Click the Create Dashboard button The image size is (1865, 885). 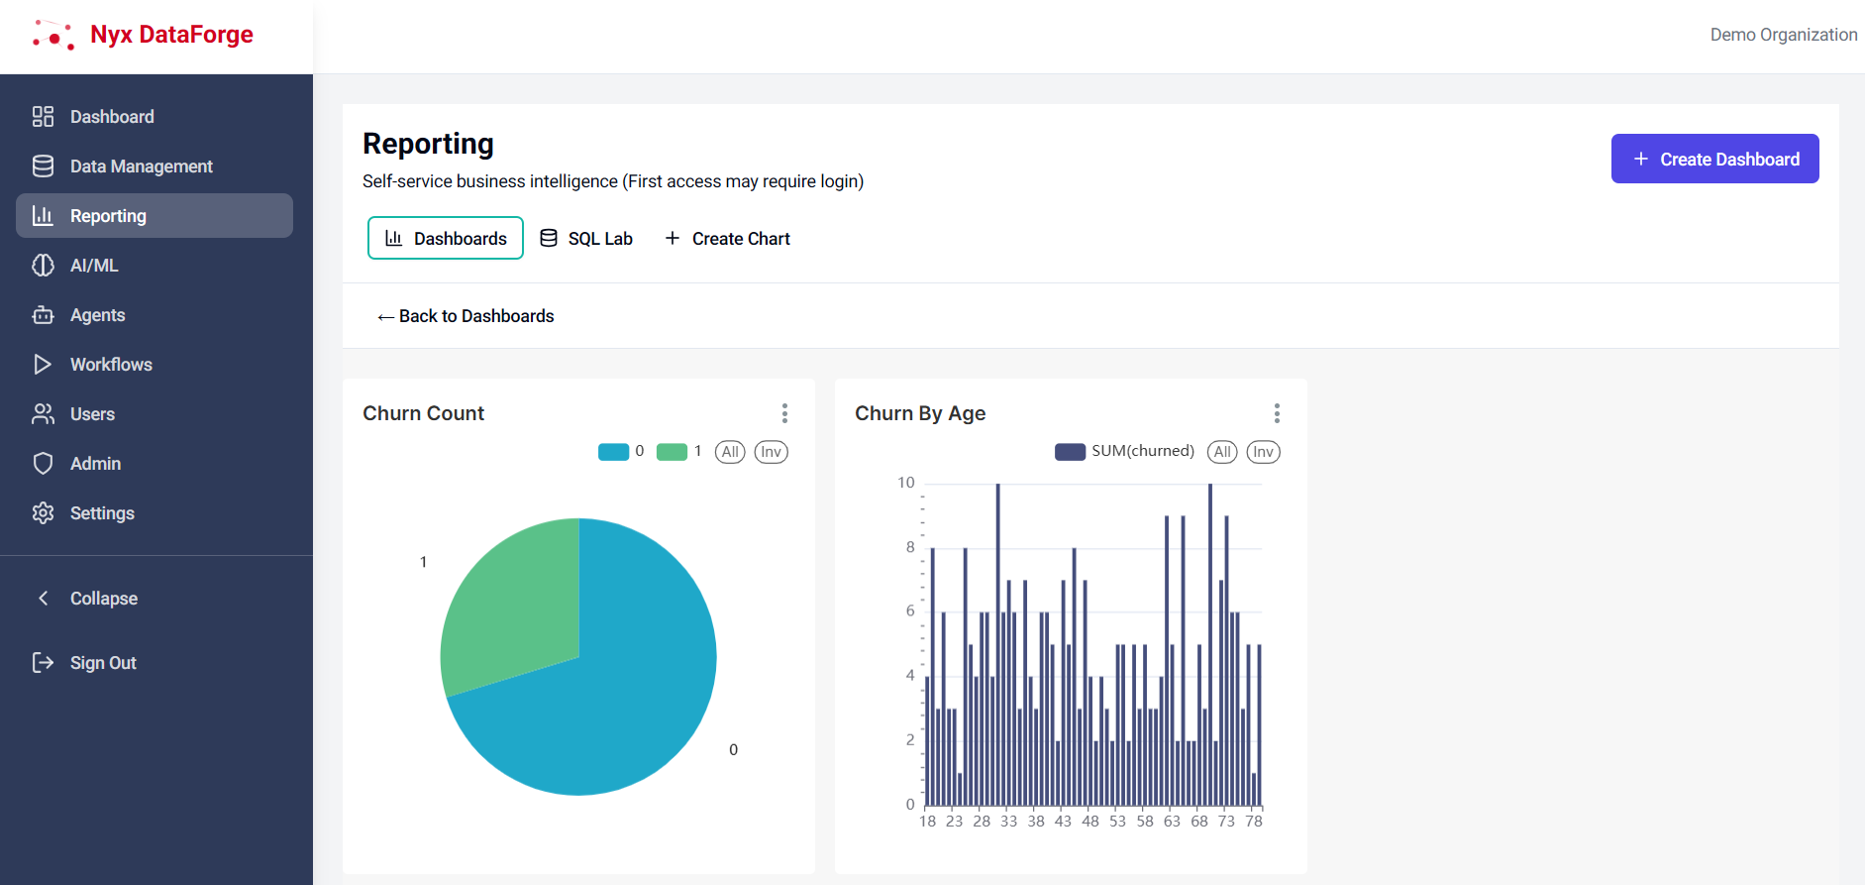tap(1714, 159)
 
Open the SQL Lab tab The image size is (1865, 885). tap(586, 239)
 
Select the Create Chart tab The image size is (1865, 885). tap(728, 239)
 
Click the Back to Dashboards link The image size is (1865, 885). tap(466, 316)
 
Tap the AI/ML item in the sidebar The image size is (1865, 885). tap(94, 266)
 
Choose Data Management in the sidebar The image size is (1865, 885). tap(141, 166)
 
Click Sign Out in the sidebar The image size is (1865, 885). tap(103, 663)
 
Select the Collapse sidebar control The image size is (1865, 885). tap(103, 599)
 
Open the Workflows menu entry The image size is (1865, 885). tap(111, 365)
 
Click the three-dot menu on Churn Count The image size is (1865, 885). tap(784, 413)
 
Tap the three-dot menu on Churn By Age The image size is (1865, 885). tap(1277, 413)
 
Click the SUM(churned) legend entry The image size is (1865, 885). tap(1125, 452)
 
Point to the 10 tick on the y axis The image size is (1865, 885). tap(906, 483)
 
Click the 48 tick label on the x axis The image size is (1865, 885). tap(1090, 822)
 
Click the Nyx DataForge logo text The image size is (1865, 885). tap(171, 35)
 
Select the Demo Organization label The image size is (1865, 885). tap(1783, 35)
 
